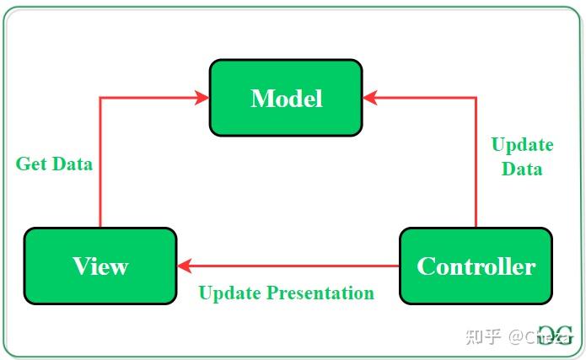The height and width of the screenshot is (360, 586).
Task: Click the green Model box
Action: coord(286,98)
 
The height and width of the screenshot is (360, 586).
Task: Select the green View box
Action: coord(100,266)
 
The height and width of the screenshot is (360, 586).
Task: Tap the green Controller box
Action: coord(476,266)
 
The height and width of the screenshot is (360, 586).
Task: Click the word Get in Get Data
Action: coord(31,164)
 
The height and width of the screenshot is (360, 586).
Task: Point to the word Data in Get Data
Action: coord(72,164)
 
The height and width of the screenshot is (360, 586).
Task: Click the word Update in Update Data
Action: coord(522,144)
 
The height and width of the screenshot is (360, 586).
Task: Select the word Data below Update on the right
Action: coord(522,169)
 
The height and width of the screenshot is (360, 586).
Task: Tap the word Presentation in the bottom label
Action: coord(320,293)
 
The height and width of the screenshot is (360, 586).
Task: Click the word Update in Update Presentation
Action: coord(230,293)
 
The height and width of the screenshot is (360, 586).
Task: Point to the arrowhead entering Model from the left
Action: coord(202,98)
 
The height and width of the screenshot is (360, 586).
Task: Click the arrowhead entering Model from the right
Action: coord(370,98)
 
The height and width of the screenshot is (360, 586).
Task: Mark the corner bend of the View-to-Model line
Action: coord(100,98)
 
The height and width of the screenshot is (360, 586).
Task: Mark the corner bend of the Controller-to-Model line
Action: coord(476,98)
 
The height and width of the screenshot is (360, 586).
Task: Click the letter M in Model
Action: coord(261,98)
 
